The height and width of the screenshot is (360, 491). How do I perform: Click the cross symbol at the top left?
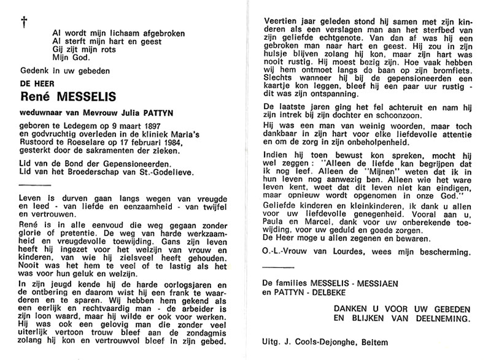[24, 22]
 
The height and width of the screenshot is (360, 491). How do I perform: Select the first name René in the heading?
[37, 95]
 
